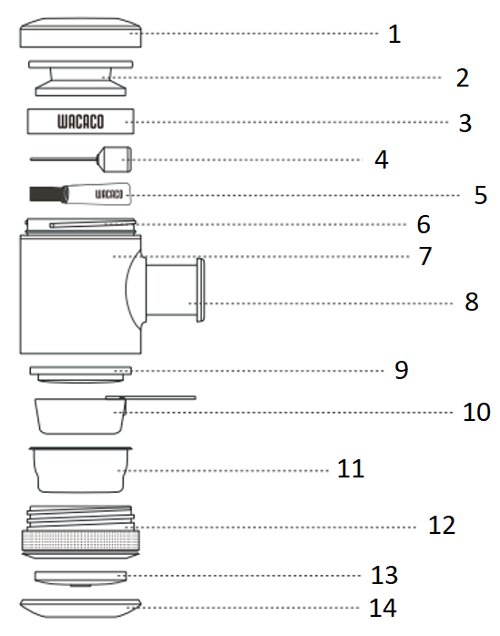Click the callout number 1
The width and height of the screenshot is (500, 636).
(394, 34)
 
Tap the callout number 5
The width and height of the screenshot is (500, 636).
(481, 195)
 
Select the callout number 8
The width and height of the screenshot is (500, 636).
(472, 302)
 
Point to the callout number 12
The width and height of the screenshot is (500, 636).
(442, 525)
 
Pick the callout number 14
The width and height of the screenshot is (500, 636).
(383, 608)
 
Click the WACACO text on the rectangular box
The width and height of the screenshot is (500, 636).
(80, 122)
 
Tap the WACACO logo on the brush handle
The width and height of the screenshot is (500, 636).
(108, 194)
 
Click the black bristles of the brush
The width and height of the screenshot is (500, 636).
(46, 194)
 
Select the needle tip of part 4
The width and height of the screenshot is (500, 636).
(31, 159)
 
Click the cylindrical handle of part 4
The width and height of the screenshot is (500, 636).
(115, 159)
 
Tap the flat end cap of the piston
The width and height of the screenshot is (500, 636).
(200, 290)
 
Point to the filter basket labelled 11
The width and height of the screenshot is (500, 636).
(81, 469)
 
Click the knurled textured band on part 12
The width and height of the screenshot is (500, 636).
(81, 540)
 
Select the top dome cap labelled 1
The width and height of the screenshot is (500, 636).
(81, 33)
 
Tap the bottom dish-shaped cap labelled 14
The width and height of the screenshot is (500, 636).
(80, 609)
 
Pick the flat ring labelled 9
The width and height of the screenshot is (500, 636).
(81, 374)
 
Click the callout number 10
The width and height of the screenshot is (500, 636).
(476, 412)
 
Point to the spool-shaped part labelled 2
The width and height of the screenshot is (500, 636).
(81, 78)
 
